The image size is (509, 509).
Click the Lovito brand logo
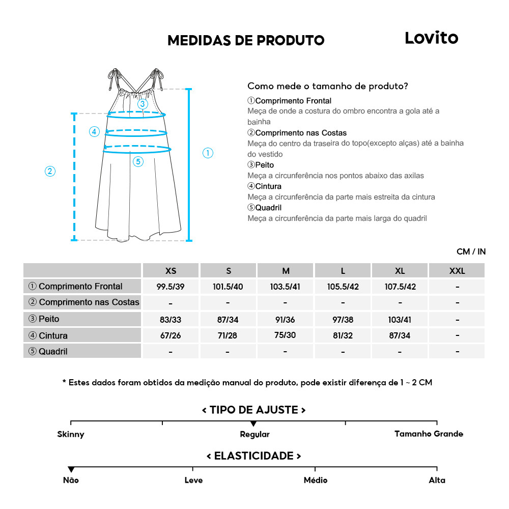point(431,38)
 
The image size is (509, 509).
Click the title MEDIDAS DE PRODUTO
point(246,40)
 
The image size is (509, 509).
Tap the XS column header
point(171,270)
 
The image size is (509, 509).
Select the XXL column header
point(457,270)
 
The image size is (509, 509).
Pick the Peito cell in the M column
point(285,319)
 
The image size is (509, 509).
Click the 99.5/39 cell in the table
point(171,287)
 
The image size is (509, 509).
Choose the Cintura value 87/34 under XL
point(400,336)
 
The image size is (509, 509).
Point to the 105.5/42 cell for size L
point(343,287)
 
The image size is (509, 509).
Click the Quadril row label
point(82,351)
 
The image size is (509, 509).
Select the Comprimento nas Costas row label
point(82,302)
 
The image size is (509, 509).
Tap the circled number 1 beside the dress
point(208,153)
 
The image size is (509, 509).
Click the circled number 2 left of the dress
point(50,171)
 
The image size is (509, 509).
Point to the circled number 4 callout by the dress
point(94,131)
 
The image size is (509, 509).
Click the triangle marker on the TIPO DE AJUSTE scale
point(253,423)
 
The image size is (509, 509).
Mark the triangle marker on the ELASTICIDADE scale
point(71,469)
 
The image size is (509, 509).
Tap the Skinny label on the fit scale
point(71,434)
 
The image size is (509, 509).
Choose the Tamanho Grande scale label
point(429,434)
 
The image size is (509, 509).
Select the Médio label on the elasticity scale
point(316,480)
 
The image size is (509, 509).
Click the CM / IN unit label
point(471,251)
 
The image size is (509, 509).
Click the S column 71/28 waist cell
point(228,336)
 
